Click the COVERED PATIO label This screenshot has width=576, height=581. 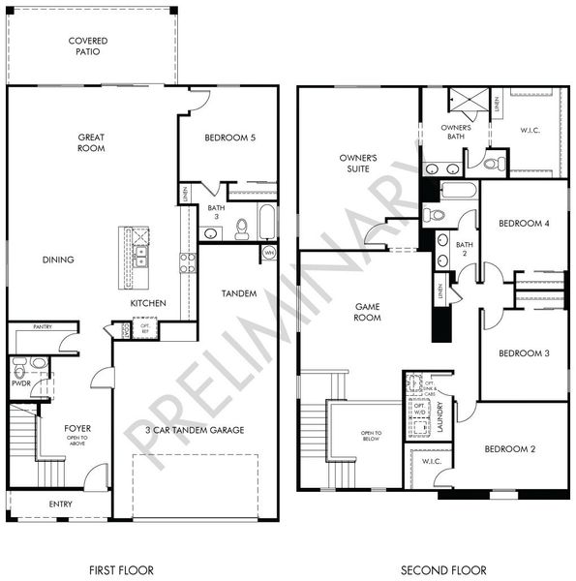[x=88, y=46]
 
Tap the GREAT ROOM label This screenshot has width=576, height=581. [x=91, y=143]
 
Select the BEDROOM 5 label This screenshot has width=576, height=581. [x=229, y=138]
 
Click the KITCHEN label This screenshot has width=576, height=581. [x=149, y=303]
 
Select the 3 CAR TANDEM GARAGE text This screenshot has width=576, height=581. [x=195, y=430]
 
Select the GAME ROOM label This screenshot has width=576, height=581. [x=366, y=312]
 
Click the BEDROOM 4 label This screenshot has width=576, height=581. [x=524, y=224]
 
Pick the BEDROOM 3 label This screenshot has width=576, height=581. [x=524, y=353]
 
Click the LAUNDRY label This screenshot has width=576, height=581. [x=440, y=417]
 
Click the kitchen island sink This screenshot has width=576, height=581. [x=141, y=257]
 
